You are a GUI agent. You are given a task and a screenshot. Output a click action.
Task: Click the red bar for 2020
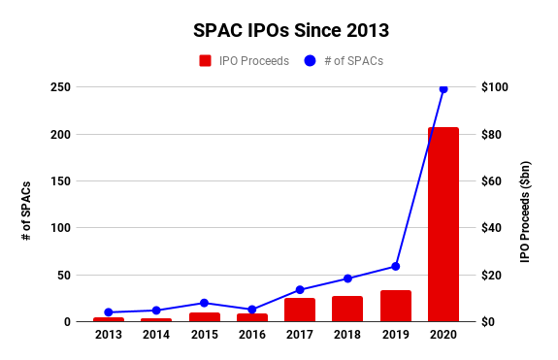point(443,224)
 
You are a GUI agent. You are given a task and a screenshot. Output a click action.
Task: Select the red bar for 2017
point(300,310)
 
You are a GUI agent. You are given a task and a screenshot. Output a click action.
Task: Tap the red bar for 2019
point(396,306)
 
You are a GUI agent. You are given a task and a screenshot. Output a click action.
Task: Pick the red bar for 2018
point(347,309)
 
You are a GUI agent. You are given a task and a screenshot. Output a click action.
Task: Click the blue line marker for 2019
point(395,267)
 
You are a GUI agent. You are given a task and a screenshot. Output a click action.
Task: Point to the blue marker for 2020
point(443,89)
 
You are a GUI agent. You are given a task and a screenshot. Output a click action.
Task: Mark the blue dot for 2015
point(204,303)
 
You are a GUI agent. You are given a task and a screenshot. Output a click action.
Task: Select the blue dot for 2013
point(109,312)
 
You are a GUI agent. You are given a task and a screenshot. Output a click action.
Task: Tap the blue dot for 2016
point(252,310)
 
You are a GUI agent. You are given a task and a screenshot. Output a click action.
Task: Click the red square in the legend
point(206,61)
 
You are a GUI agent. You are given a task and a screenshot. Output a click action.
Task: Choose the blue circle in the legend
point(310,61)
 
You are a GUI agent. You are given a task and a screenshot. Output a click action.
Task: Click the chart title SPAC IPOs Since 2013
point(291,30)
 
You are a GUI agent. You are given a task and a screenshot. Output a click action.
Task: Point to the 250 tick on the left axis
point(60,87)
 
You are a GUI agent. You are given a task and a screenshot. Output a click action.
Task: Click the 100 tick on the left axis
point(60,228)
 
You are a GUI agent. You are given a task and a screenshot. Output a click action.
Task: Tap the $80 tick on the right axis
point(491,135)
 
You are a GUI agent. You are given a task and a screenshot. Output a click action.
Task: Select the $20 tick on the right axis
point(491,275)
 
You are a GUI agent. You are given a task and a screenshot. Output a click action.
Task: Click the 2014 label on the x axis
point(156,335)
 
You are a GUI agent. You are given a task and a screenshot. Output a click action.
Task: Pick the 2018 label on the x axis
point(347,335)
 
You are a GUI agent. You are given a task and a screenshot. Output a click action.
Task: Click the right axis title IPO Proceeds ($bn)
point(525,212)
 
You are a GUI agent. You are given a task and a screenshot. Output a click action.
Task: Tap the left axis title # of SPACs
point(26,211)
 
